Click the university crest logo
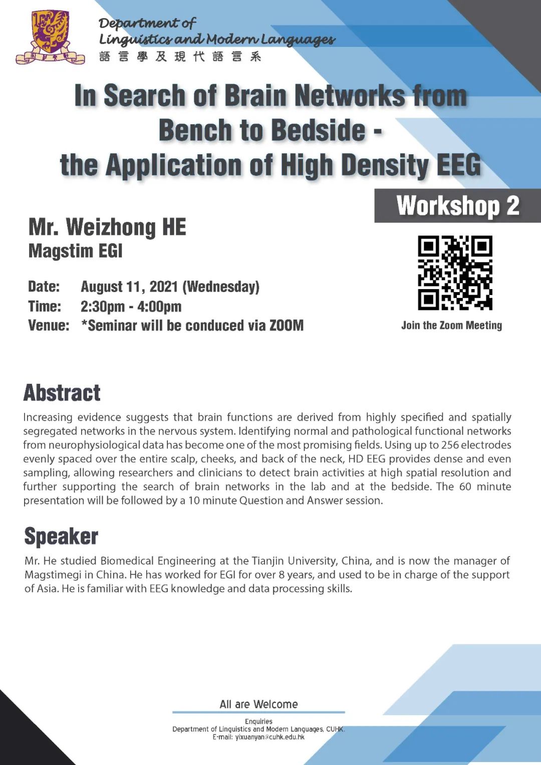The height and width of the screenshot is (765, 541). click(50, 38)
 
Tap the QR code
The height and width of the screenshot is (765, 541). click(455, 273)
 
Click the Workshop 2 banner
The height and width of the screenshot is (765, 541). click(457, 206)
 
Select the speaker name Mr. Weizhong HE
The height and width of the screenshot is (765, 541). click(107, 227)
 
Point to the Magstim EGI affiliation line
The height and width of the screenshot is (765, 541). click(75, 251)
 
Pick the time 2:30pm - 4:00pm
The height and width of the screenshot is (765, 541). click(131, 306)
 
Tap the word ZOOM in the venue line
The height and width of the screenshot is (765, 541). click(287, 326)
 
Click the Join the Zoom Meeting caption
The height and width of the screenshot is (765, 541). click(451, 326)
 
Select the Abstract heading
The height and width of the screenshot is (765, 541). click(62, 393)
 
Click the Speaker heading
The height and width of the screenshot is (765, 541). click(61, 536)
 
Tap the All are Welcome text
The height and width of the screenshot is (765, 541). click(258, 704)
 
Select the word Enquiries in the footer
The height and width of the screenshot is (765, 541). click(258, 721)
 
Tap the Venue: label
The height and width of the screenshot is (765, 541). click(49, 326)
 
